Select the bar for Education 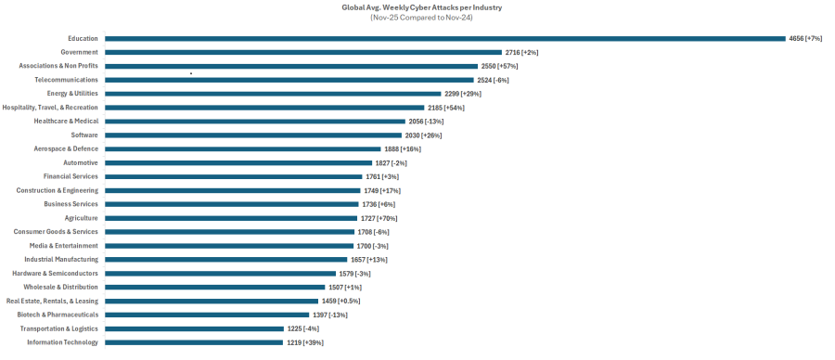pos(444,39)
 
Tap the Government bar pos(302,53)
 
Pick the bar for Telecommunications pos(289,80)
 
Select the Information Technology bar pos(193,342)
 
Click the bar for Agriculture pos(231,218)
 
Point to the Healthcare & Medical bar pos(254,122)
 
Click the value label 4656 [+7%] pos(805,39)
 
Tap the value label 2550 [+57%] pos(499,67)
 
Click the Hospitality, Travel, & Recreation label pos(50,108)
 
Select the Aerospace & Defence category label pos(66,148)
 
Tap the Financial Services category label pos(71,176)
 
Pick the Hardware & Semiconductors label pos(55,274)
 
